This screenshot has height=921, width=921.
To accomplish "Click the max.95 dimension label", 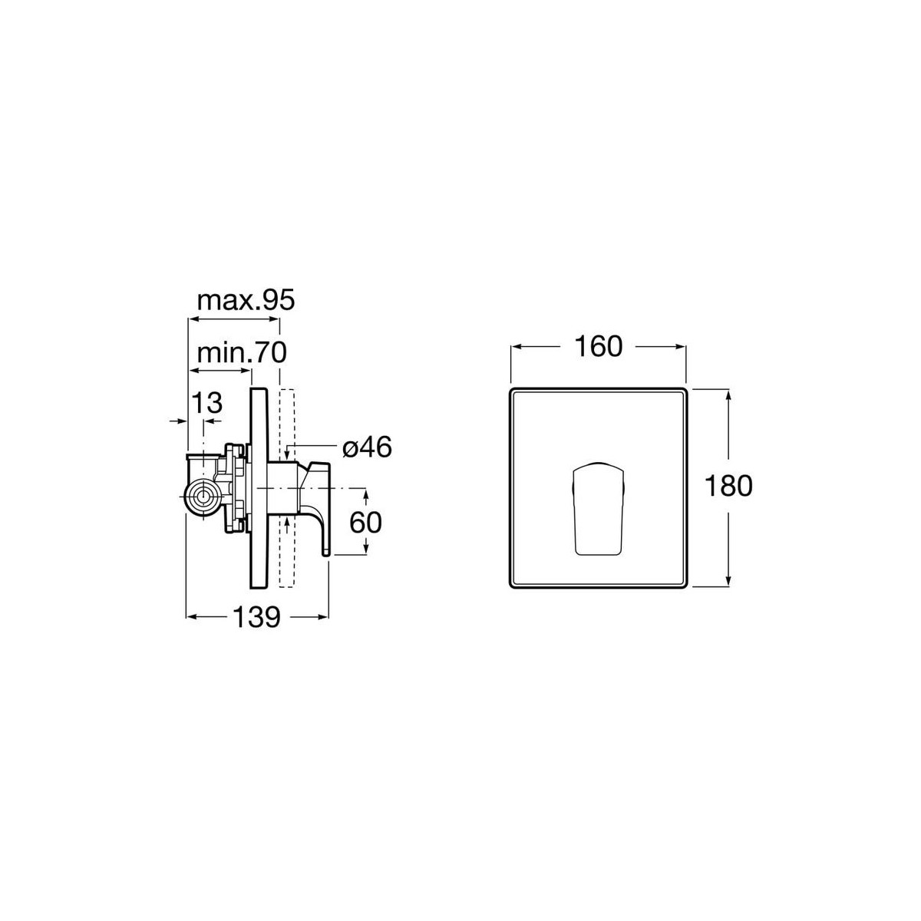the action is [246, 300].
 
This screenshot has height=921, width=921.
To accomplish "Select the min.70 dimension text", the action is [242, 352].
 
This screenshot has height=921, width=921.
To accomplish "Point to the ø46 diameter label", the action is [367, 447].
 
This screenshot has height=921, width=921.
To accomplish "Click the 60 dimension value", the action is [365, 523].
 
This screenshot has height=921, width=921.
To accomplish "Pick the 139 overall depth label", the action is [256, 617].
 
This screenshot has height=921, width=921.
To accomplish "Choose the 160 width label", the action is [598, 346].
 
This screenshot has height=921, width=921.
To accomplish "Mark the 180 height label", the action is [728, 486].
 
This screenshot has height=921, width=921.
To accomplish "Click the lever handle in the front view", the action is [598, 509].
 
